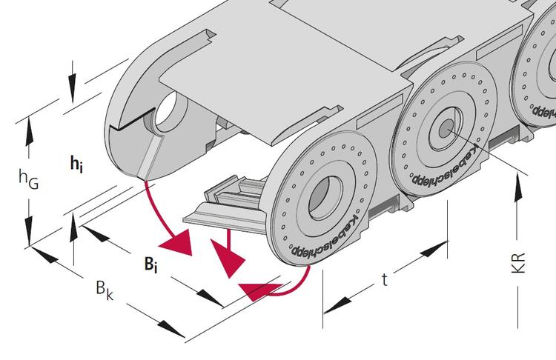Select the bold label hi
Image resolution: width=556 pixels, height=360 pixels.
76,164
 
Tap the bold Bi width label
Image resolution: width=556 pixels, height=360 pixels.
151,263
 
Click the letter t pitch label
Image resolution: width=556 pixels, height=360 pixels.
385,279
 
